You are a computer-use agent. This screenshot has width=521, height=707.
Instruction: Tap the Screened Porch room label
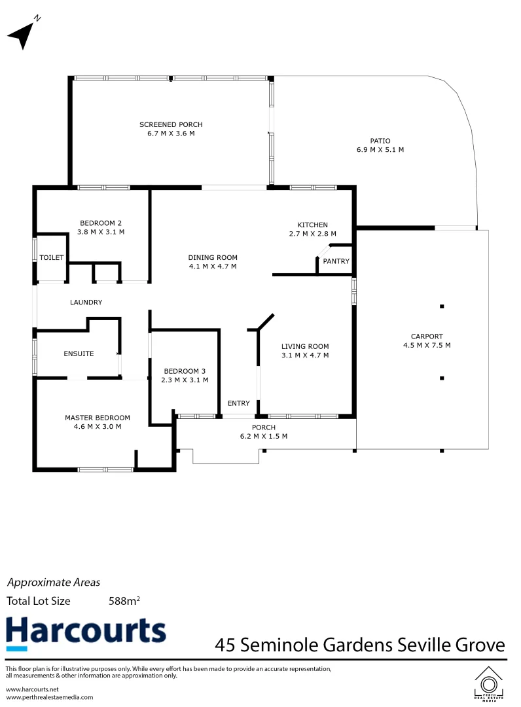pyautogui.click(x=171, y=124)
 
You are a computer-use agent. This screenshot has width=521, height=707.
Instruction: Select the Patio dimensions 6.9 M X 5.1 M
pyautogui.click(x=380, y=149)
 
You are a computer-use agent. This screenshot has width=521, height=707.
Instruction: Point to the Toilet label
pyautogui.click(x=52, y=257)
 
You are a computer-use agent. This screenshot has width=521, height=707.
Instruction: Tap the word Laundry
pyautogui.click(x=86, y=302)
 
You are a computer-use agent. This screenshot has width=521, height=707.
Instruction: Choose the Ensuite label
pyautogui.click(x=79, y=353)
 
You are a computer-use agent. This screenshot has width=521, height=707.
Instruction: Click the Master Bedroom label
pyautogui.click(x=97, y=418)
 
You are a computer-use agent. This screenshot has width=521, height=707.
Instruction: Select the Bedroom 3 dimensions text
pyautogui.click(x=185, y=380)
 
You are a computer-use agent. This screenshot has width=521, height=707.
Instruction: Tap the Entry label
pyautogui.click(x=238, y=403)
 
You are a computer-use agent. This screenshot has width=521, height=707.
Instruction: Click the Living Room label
pyautogui.click(x=305, y=346)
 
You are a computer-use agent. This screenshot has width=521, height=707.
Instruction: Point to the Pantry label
pyautogui.click(x=336, y=261)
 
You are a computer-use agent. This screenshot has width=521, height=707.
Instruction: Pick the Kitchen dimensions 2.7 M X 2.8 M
pyautogui.click(x=312, y=234)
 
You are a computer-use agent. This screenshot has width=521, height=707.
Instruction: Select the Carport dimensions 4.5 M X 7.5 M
pyautogui.click(x=427, y=345)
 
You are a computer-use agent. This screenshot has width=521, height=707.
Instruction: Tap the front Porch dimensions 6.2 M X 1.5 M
pyautogui.click(x=264, y=436)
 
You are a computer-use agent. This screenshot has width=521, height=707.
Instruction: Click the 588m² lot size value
pyautogui.click(x=124, y=600)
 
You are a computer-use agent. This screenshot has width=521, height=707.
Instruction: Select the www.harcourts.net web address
pyautogui.click(x=32, y=689)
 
